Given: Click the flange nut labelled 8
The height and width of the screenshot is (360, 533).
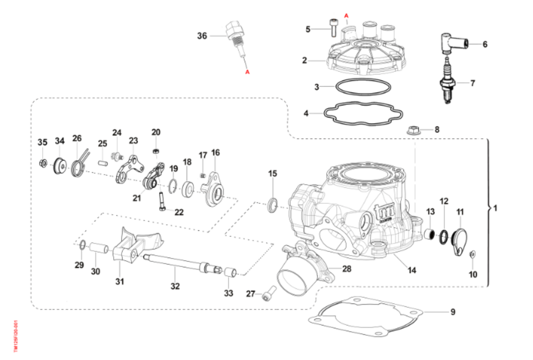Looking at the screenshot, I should pos(413,131).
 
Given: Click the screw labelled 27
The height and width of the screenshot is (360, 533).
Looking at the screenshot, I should pos(268,293).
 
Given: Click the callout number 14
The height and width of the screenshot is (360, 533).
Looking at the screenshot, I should pos(412,269).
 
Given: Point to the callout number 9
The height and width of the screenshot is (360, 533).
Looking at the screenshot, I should pos(453,312).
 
